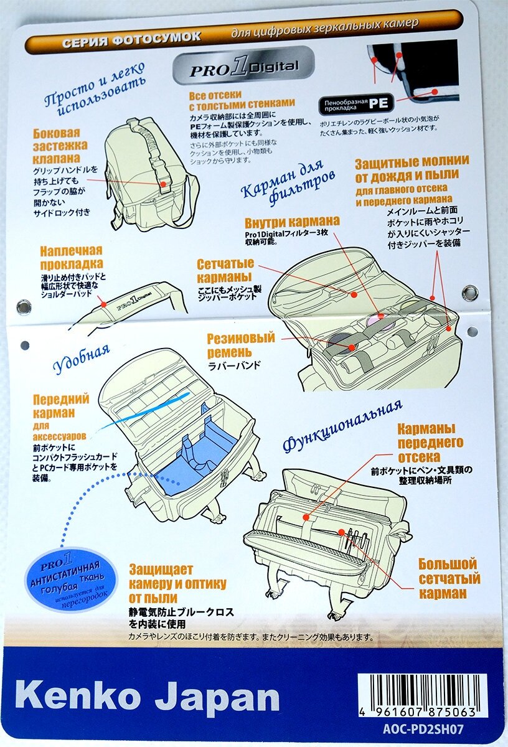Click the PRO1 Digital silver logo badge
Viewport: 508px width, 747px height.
tap(243, 68)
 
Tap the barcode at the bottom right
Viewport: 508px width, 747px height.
tap(421, 693)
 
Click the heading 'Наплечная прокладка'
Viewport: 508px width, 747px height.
tap(71, 258)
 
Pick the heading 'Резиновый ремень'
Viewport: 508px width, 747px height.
tap(241, 345)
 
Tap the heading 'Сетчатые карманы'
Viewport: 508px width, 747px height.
tap(225, 270)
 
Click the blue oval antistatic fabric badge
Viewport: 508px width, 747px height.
tap(73, 580)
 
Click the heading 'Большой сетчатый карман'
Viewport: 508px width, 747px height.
tap(447, 578)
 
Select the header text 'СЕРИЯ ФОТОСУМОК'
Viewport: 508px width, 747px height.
tap(131, 38)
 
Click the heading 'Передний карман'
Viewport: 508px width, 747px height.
tap(61, 405)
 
